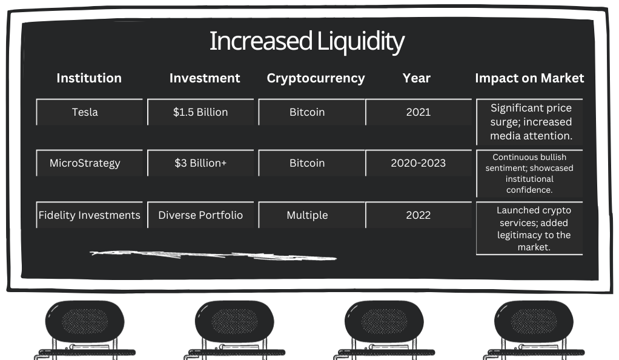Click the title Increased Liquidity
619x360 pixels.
pos(306,41)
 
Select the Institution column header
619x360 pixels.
pos(89,78)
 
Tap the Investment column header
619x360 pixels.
pos(205,78)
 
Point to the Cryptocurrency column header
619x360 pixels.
pos(316,78)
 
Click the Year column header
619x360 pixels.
pos(417,78)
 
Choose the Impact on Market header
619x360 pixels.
pos(529,78)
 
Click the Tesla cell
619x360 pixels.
pos(90,112)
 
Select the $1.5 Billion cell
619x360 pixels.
pos(200,112)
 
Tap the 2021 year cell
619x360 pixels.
pos(419,112)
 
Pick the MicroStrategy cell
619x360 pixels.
pos(90,163)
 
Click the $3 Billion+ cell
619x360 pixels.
pos(200,163)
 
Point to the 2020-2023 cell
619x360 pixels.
pos(419,163)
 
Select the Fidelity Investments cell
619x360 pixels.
pos(90,215)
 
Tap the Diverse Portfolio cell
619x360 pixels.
pos(200,215)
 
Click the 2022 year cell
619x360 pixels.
pos(419,215)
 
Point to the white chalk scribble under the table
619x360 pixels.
pos(213,255)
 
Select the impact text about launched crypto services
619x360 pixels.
pos(534,228)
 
